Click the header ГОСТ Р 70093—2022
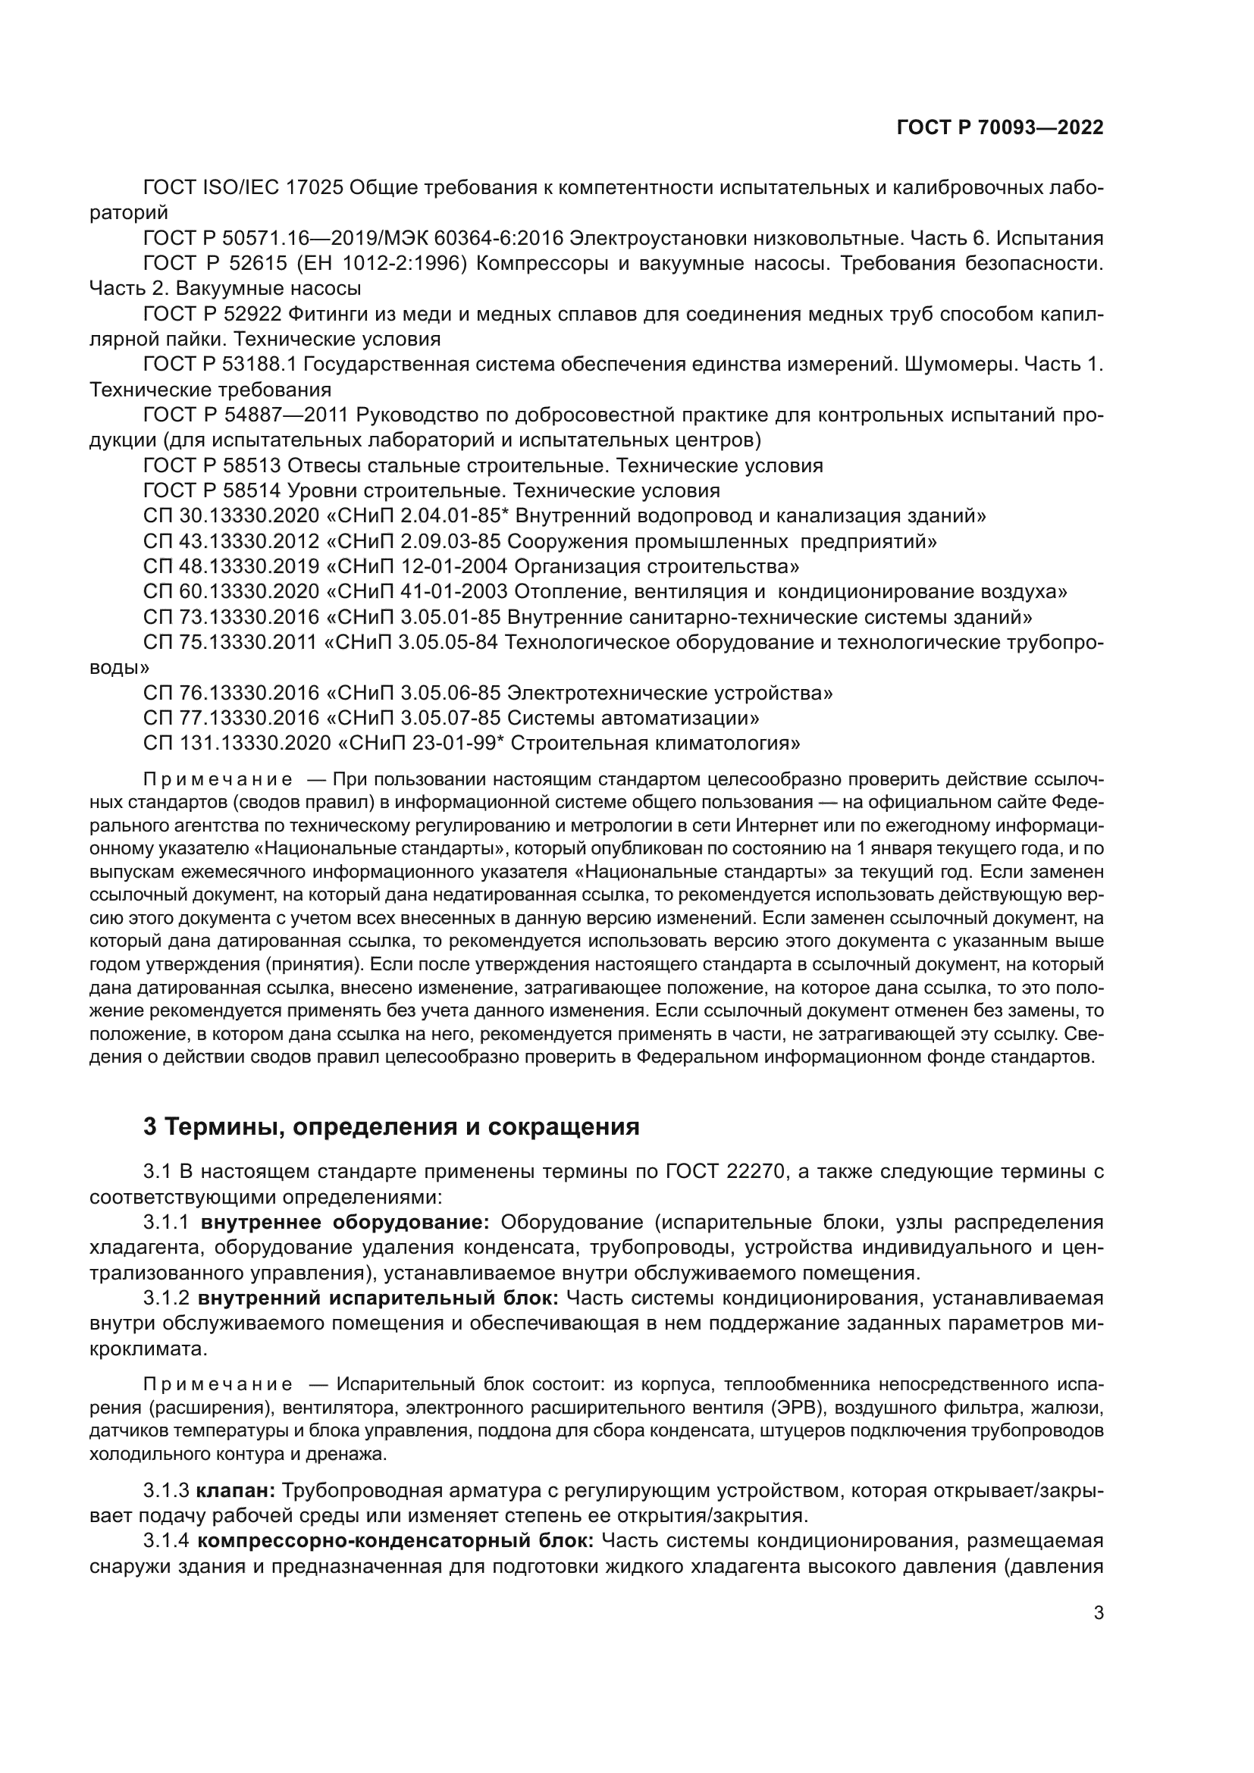[x=999, y=128]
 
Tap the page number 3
[x=1098, y=1656]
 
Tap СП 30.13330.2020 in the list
[x=231, y=516]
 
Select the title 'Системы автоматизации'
[x=633, y=718]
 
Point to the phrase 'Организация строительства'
[x=657, y=567]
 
